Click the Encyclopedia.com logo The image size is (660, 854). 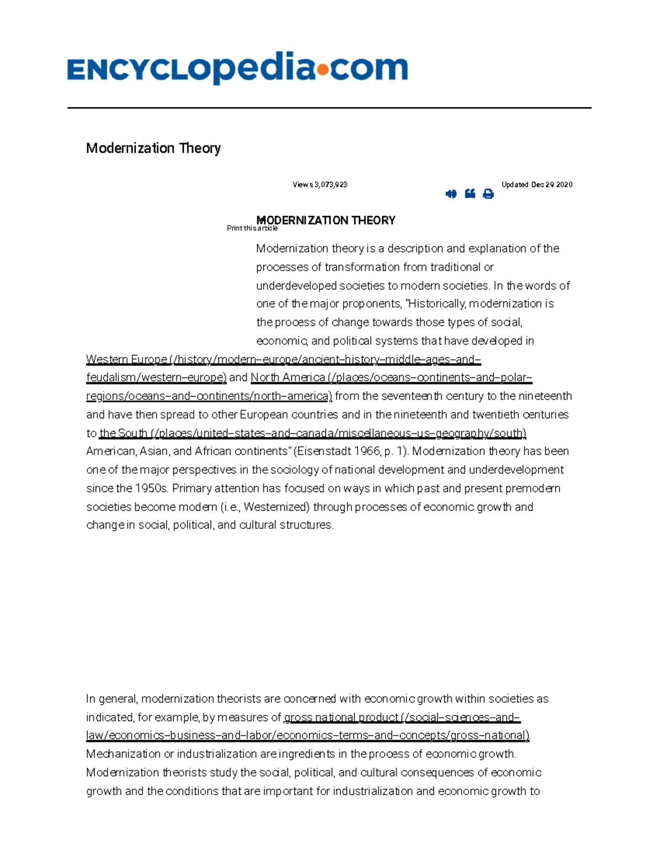click(237, 69)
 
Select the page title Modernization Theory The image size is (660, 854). click(153, 148)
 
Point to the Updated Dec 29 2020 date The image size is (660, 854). click(537, 185)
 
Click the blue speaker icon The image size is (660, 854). click(451, 194)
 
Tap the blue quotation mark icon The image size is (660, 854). click(470, 194)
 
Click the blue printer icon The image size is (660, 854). click(488, 194)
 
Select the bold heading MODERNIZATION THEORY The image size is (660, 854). click(326, 220)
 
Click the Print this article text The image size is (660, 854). click(252, 228)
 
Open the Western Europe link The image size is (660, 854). click(127, 360)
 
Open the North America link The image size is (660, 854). click(288, 378)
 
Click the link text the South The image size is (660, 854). click(123, 433)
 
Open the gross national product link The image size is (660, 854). click(341, 718)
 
